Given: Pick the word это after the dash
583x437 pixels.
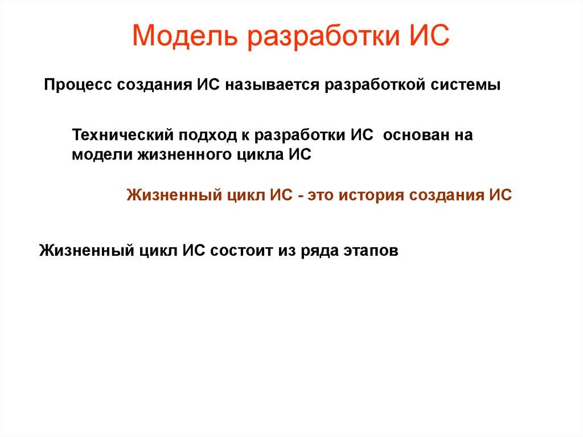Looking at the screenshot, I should (322, 195).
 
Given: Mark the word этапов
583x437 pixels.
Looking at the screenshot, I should (370, 250).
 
